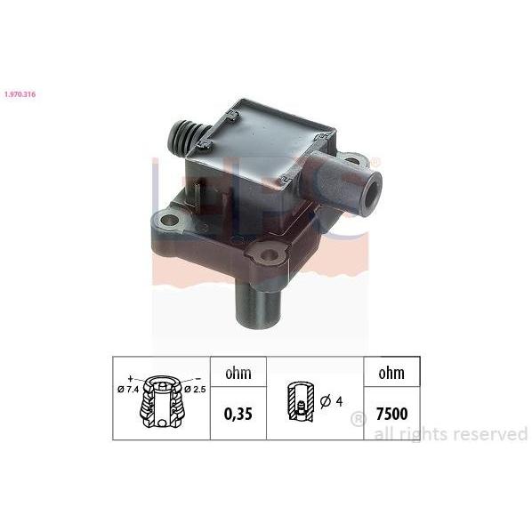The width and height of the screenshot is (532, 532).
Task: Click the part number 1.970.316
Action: (x=20, y=94)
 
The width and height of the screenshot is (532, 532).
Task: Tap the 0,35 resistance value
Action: (x=238, y=415)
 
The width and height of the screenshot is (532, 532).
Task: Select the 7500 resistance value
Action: (x=391, y=414)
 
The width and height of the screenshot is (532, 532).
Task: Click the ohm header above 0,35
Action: (x=238, y=374)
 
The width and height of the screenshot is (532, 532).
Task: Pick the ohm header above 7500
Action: (x=391, y=374)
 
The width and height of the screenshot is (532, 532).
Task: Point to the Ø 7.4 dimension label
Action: (x=128, y=390)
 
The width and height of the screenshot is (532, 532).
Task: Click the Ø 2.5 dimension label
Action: (x=195, y=390)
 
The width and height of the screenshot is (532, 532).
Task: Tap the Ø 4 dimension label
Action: (x=332, y=402)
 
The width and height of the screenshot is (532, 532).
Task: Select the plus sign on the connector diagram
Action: (x=130, y=378)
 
